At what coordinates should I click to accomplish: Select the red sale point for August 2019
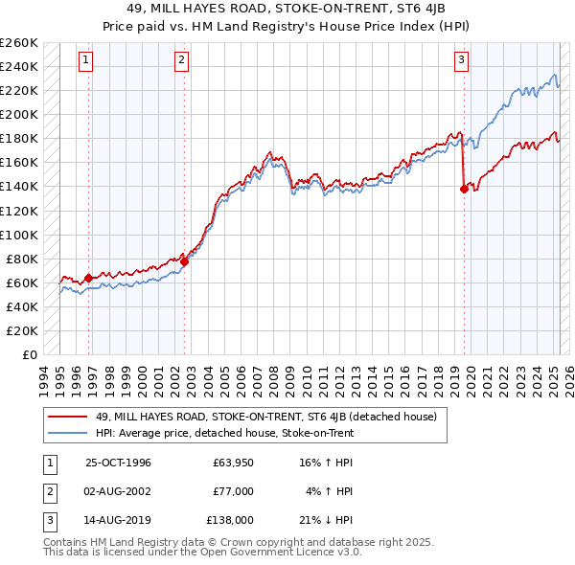[464, 189]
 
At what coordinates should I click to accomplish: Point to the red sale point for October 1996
[89, 278]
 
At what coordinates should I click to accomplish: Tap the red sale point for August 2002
[184, 261]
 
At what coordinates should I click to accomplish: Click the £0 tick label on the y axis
[28, 354]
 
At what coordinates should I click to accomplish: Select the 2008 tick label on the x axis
[276, 376]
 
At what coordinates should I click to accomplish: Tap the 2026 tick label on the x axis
[565, 376]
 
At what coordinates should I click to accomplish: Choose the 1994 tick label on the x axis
[44, 376]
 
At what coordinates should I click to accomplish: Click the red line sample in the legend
[68, 417]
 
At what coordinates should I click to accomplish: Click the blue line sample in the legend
[68, 433]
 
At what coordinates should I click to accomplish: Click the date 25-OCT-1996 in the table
[119, 463]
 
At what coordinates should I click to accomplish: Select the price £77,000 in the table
[234, 491]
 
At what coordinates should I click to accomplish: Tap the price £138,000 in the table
[231, 520]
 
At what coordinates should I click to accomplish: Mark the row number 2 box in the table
[47, 491]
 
